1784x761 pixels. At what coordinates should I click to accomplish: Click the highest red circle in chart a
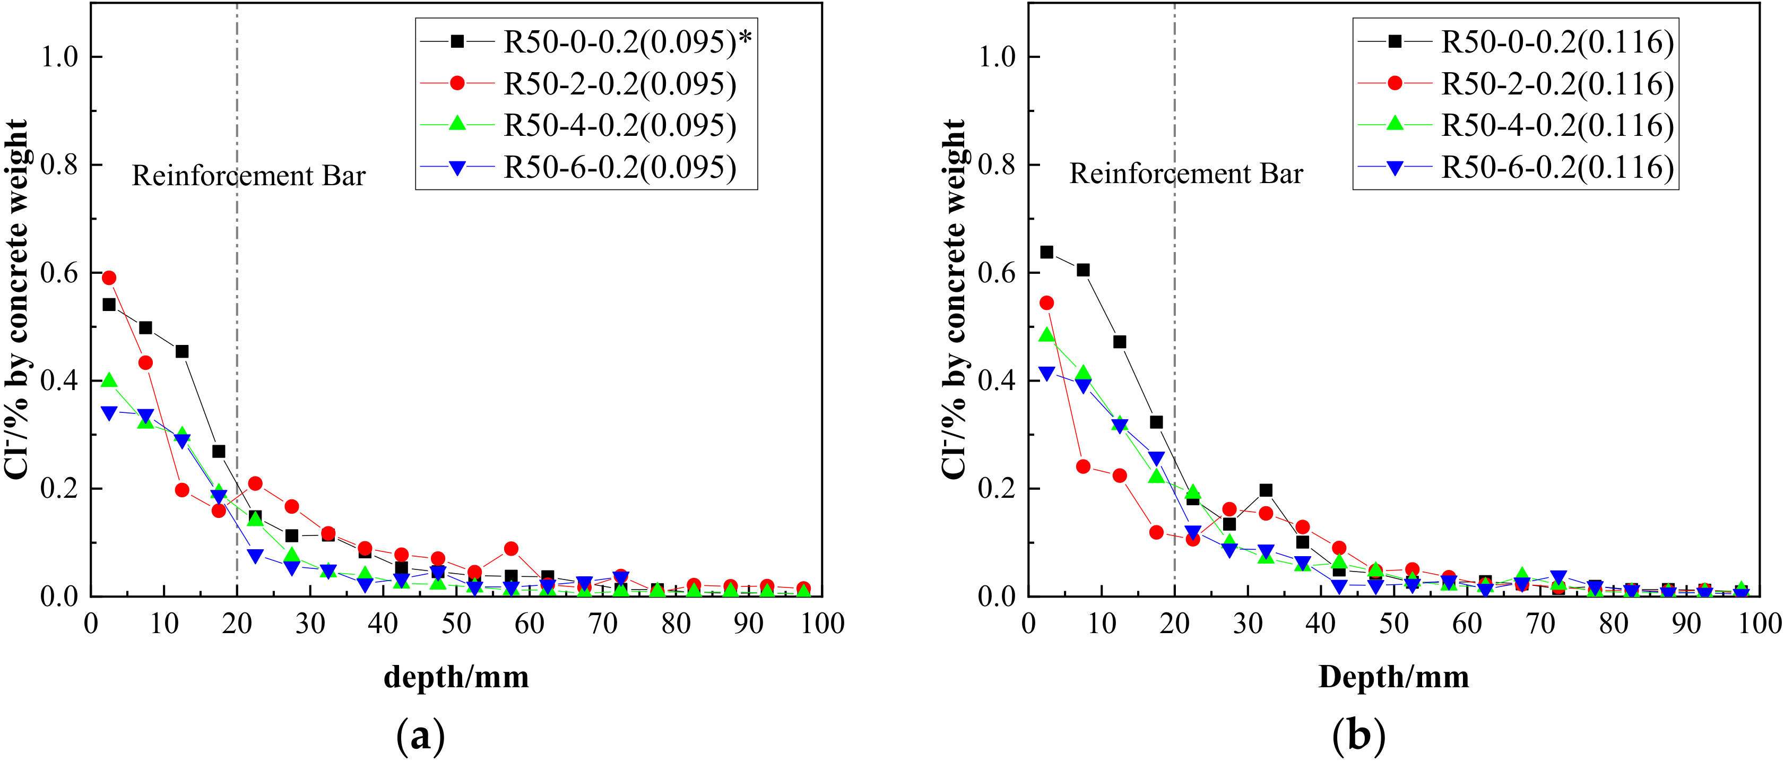(x=109, y=278)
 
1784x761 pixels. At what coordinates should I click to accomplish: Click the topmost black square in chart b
(x=1046, y=252)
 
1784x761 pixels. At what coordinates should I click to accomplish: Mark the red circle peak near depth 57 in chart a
(x=511, y=548)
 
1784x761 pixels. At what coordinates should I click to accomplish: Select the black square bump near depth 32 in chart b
(x=1266, y=490)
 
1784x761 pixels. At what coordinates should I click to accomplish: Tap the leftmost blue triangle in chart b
(x=1046, y=373)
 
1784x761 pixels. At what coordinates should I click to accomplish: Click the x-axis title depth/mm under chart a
(x=456, y=677)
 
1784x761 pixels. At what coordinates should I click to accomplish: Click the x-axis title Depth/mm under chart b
(x=1393, y=677)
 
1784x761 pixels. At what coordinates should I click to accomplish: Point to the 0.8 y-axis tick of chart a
(x=60, y=165)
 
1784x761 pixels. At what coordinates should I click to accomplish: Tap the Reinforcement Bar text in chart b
(x=1185, y=174)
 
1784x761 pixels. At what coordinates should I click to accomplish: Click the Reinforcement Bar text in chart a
(x=249, y=176)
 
